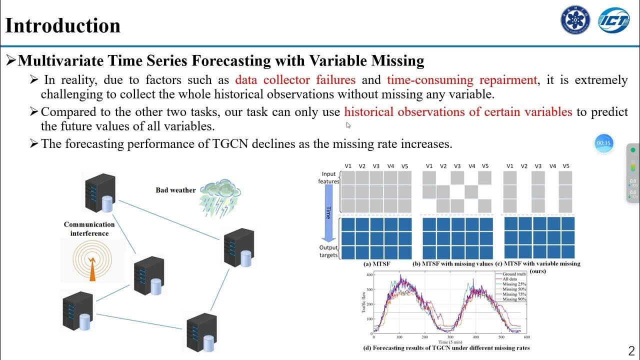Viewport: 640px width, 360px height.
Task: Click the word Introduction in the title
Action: tap(63, 25)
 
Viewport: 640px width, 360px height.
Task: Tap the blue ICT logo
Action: tap(614, 20)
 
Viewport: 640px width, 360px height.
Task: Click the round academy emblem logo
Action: tap(575, 20)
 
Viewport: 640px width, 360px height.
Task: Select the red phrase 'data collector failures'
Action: tap(295, 80)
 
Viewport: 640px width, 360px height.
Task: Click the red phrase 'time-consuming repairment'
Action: tap(462, 80)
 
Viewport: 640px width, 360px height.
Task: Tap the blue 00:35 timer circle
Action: tap(603, 143)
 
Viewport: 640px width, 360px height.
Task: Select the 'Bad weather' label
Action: tap(175, 190)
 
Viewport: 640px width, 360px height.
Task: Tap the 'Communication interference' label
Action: tap(89, 229)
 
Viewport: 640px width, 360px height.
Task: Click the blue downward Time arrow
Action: tap(327, 212)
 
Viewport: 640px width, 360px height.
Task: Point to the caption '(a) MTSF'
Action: tap(373, 263)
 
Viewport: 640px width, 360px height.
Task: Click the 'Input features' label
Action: tap(329, 177)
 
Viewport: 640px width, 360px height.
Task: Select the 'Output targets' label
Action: tap(329, 251)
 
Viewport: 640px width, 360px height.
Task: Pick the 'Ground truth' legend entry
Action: tap(514, 274)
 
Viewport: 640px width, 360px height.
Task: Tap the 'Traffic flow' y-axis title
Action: tap(363, 303)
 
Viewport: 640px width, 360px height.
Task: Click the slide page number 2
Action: tap(631, 350)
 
